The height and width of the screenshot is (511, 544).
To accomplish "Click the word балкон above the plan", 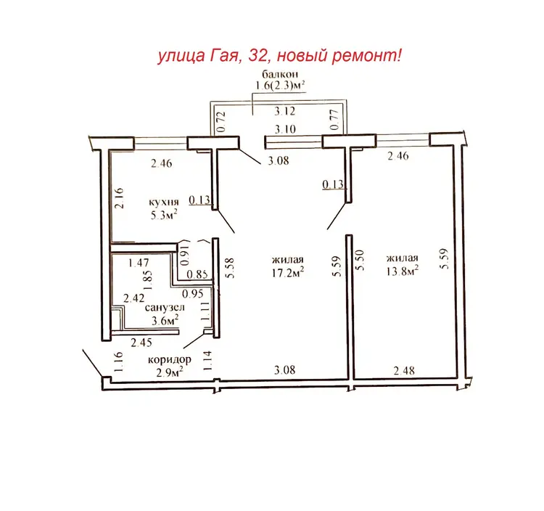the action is click(280, 74).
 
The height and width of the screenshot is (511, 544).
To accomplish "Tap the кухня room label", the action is click(164, 202).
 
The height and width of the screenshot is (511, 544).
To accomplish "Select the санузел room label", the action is click(165, 308).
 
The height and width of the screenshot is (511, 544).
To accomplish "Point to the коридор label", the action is click(170, 359).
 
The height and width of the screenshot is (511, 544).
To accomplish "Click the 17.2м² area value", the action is click(288, 272).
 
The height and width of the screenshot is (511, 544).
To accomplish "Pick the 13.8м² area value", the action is click(403, 271).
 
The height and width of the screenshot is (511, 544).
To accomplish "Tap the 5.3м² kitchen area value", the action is click(164, 216).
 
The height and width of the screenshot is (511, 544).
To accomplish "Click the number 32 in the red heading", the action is click(257, 56).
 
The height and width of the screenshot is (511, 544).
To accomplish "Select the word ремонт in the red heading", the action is click(363, 56).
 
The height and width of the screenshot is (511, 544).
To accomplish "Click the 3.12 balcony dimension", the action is click(285, 111).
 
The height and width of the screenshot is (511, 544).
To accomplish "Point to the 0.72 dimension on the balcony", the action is click(221, 121).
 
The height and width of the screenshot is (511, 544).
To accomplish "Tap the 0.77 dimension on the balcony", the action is click(334, 120).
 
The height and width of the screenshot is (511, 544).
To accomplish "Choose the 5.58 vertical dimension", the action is click(231, 268).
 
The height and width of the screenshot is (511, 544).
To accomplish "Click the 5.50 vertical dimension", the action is click(360, 261).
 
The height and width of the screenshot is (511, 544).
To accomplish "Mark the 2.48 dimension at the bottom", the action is click(404, 371).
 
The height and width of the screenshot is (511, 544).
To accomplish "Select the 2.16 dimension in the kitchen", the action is click(119, 198).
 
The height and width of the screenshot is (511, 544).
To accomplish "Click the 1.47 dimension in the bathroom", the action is click(139, 263).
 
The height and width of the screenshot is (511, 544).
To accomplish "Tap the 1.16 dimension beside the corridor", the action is click(118, 362).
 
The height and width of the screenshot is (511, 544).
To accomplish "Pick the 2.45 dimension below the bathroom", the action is click(141, 343).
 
